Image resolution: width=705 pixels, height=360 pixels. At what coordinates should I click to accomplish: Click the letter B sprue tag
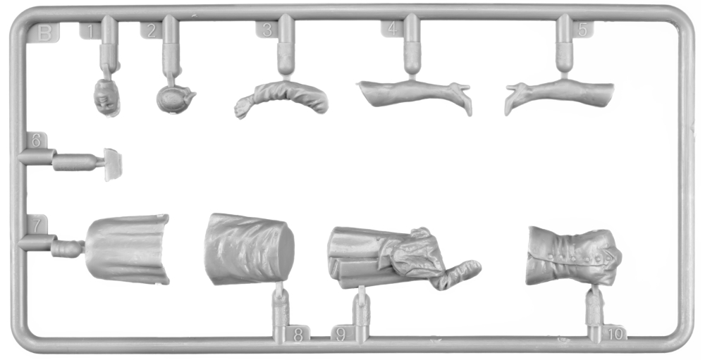(x=44, y=33)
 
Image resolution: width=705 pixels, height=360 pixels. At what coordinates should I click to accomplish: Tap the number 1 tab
(x=90, y=32)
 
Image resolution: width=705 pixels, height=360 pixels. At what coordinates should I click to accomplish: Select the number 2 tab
(x=152, y=30)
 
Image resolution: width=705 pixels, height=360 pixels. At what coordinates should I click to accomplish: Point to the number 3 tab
(x=267, y=30)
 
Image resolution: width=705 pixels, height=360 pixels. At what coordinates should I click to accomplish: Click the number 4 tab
(x=393, y=29)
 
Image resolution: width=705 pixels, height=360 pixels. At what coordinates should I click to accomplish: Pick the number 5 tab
(x=583, y=30)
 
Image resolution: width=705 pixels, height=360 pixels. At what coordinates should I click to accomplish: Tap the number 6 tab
(x=36, y=141)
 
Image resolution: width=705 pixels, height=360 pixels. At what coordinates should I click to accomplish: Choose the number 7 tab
(x=37, y=224)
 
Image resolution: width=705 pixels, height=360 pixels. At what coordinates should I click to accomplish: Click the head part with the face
(x=107, y=97)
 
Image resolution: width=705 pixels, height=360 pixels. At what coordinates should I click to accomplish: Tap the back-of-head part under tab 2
(x=176, y=99)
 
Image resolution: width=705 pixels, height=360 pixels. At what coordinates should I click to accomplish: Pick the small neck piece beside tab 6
(x=113, y=164)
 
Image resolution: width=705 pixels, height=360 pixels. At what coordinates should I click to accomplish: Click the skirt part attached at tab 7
(x=127, y=249)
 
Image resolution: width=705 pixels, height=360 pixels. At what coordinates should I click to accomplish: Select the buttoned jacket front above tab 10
(x=574, y=256)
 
